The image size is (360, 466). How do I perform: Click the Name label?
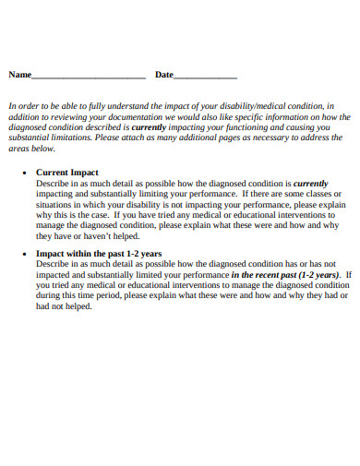20,75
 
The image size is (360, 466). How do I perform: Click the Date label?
163,75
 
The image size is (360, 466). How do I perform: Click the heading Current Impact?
66,173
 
